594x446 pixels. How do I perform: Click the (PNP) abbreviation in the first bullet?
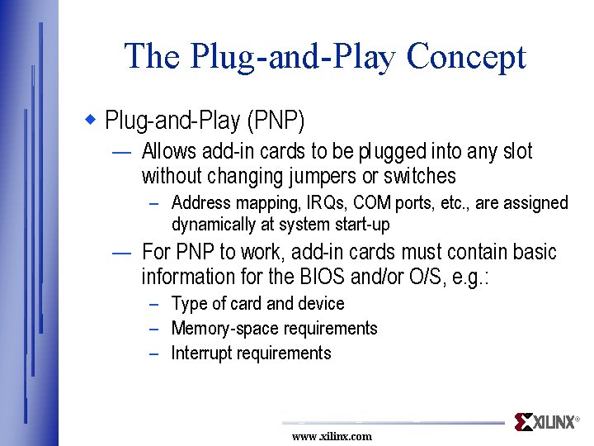[x=276, y=121]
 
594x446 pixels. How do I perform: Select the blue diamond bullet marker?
[x=92, y=121]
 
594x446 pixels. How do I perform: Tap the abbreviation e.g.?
[x=472, y=277]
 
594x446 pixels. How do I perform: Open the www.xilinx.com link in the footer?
[x=332, y=436]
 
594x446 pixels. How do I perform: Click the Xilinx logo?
[x=546, y=422]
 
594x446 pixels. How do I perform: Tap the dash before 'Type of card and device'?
[x=154, y=305]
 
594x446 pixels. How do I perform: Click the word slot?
[x=516, y=151]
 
